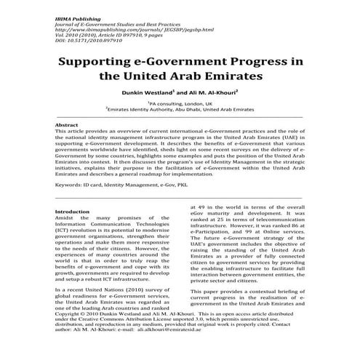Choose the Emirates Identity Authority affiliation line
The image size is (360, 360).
180,111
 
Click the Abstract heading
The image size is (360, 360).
68,125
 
